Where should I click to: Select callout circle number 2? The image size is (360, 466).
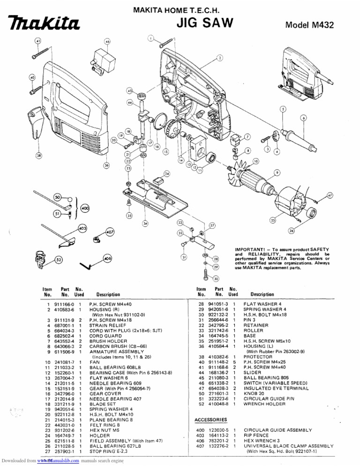click(x=220, y=58)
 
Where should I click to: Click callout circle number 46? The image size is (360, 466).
click(x=107, y=42)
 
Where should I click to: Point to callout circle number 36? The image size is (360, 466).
click(x=107, y=165)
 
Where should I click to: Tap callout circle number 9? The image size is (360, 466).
click(x=277, y=173)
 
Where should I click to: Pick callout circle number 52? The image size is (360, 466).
click(x=59, y=259)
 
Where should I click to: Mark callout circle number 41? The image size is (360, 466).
click(x=38, y=41)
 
